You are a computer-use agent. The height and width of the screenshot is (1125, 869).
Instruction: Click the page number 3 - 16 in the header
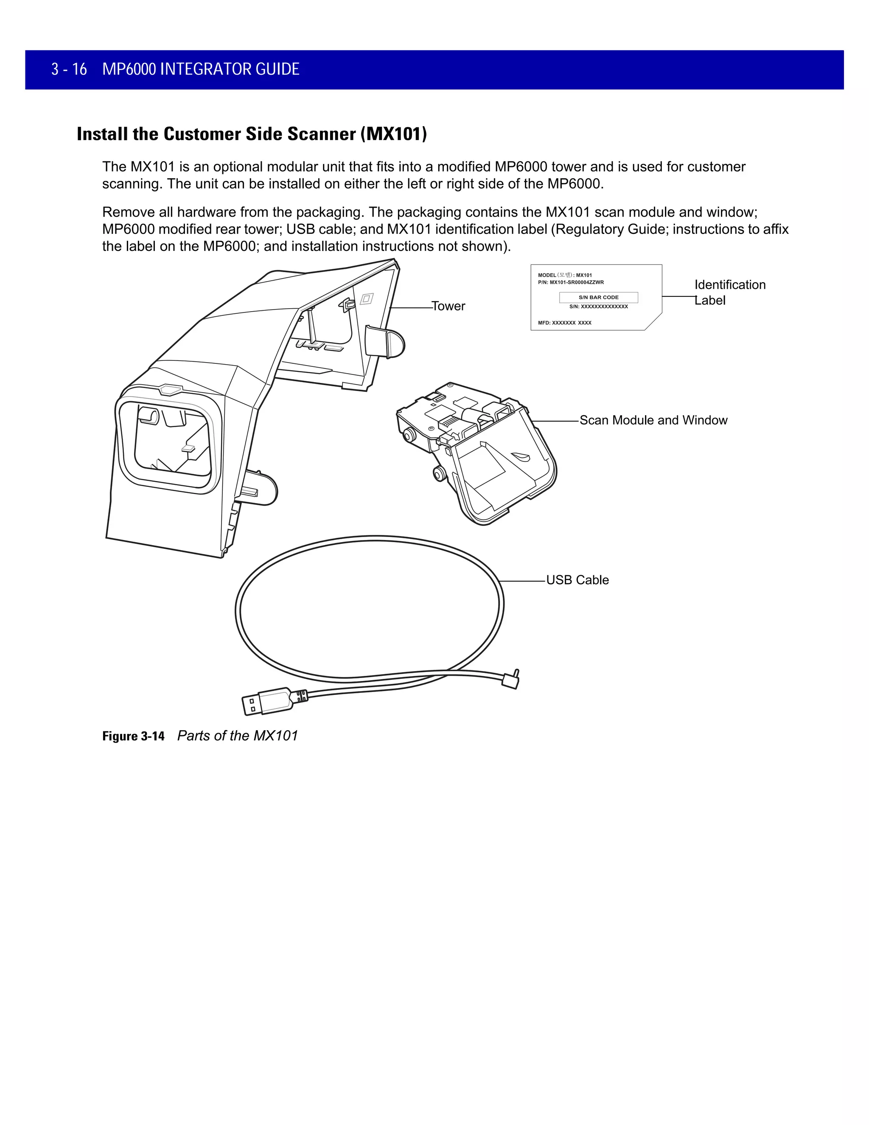[69, 69]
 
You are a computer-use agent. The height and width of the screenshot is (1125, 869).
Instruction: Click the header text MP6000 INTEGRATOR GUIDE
[201, 69]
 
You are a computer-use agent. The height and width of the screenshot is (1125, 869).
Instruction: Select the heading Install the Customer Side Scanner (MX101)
[252, 134]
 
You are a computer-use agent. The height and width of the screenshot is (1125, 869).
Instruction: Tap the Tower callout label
[449, 306]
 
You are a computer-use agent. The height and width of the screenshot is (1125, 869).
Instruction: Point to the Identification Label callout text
[729, 292]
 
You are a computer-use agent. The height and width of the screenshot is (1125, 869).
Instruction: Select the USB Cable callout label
[577, 580]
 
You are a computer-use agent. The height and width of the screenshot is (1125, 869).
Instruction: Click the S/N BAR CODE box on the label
[598, 297]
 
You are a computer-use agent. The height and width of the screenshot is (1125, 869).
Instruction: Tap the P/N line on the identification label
[570, 282]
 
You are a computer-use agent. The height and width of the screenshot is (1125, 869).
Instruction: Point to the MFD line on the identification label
[564, 323]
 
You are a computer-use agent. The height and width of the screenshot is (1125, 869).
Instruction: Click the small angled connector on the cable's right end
[511, 680]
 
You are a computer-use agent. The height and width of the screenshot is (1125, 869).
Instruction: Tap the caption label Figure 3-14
[133, 736]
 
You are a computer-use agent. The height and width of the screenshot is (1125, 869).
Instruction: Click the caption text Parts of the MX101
[237, 736]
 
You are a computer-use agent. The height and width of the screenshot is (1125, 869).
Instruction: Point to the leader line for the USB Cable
[522, 581]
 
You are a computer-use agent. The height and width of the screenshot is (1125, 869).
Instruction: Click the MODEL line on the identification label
[565, 275]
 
